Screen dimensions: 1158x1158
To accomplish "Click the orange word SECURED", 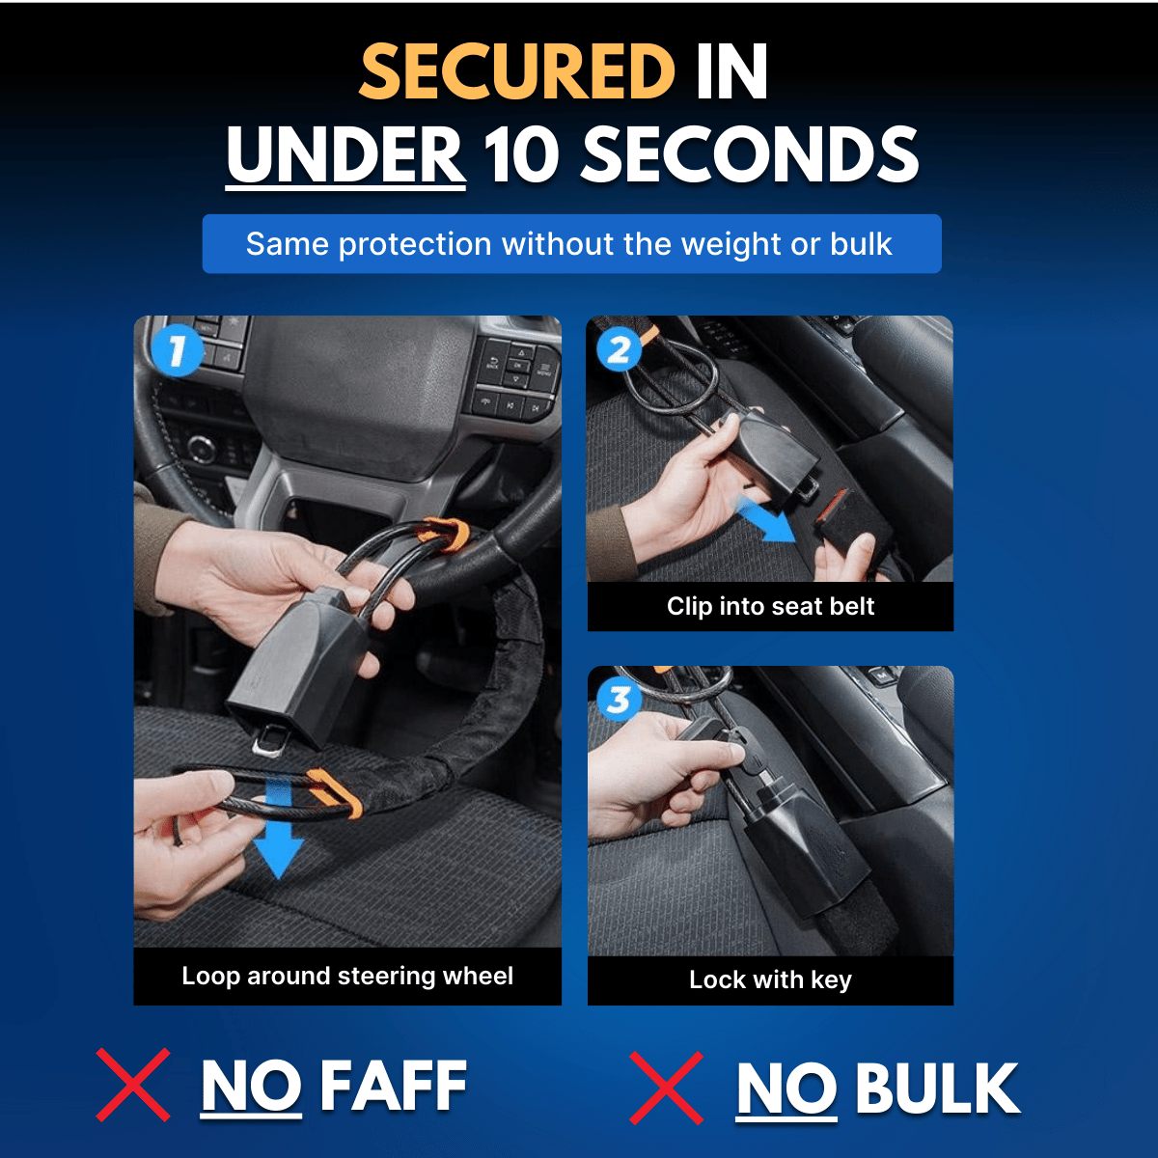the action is pyautogui.click(x=517, y=71).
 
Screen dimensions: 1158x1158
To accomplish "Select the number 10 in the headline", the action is pyautogui.click(x=522, y=154).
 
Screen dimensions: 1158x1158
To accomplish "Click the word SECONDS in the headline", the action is pyautogui.click(x=750, y=154).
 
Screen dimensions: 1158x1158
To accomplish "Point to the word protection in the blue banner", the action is pyautogui.click(x=415, y=245).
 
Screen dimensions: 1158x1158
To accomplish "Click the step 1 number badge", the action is pyautogui.click(x=177, y=350).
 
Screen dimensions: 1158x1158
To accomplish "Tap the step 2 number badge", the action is pyautogui.click(x=619, y=349).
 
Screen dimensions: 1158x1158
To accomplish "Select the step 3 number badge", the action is pyautogui.click(x=619, y=700).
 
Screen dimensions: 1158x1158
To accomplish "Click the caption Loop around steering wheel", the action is pyautogui.click(x=347, y=977).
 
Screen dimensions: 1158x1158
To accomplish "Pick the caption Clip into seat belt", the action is pyautogui.click(x=770, y=606).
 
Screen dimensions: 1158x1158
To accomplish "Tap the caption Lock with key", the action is pyautogui.click(x=770, y=980).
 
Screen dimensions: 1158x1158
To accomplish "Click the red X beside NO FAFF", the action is pyautogui.click(x=133, y=1086).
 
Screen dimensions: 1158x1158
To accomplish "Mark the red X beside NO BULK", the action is pyautogui.click(x=666, y=1089).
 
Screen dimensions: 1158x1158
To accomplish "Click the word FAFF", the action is pyautogui.click(x=394, y=1086).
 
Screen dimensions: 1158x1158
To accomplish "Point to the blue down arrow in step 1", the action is pyautogui.click(x=278, y=829).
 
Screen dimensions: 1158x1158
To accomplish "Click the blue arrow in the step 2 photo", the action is pyautogui.click(x=764, y=517).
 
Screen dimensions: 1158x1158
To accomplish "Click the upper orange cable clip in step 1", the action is pyautogui.click(x=448, y=533).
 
